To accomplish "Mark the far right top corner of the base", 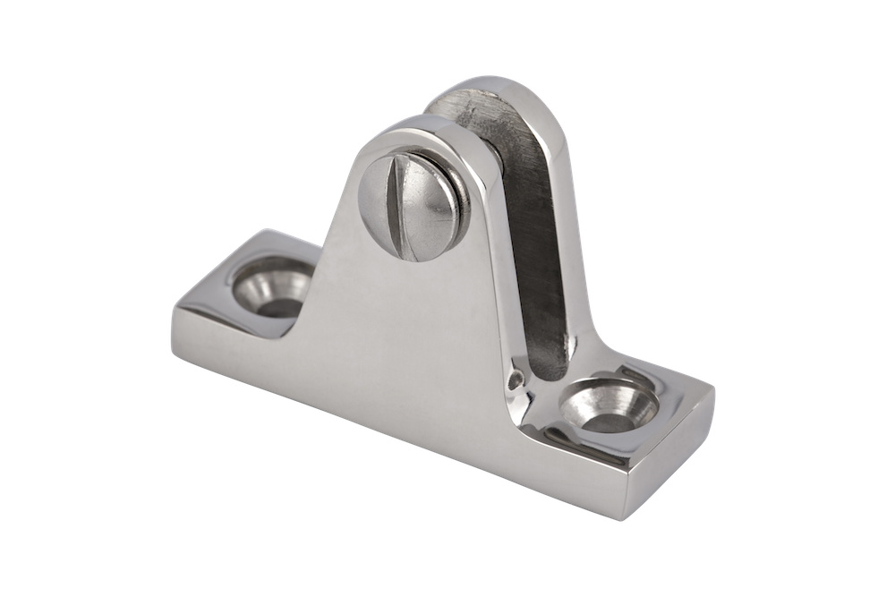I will click(714, 388).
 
